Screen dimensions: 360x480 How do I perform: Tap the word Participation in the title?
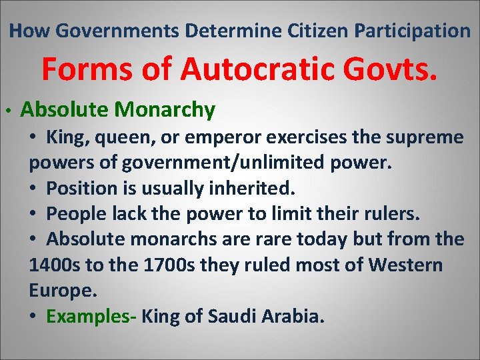tap(413, 30)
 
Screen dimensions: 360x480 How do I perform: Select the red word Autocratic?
tap(250, 69)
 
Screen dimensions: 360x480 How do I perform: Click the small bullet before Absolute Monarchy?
tap(5, 111)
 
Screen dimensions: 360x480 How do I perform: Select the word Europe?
tap(63, 291)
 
